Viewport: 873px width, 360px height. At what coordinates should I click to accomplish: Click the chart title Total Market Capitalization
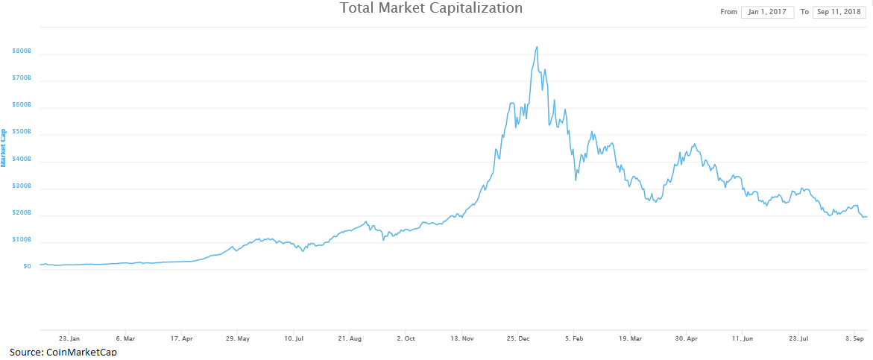tap(431, 8)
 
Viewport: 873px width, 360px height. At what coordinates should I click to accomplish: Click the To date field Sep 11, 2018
tap(840, 12)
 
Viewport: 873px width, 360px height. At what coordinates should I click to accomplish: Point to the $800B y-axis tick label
tap(22, 51)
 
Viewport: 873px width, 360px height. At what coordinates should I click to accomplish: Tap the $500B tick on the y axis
tap(22, 132)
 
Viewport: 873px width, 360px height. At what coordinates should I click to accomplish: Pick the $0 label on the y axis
tap(27, 266)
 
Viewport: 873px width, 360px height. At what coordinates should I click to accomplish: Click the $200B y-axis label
tap(22, 212)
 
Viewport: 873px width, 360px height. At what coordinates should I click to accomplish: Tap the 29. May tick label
tap(237, 338)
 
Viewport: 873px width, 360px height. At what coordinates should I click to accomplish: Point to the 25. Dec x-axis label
tap(518, 338)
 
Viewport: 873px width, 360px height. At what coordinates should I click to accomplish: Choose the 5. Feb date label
tap(574, 338)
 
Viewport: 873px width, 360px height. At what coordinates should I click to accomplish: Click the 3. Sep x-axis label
tap(855, 338)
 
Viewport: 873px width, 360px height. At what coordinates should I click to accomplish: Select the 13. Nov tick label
tap(461, 338)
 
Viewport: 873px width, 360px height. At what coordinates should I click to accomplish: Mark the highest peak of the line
tap(537, 47)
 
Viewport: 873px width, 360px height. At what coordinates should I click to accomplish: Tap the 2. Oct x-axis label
tap(406, 338)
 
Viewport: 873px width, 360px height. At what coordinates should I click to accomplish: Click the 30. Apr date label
tap(687, 338)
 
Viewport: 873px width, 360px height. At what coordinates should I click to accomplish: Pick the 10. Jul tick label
tap(294, 338)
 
